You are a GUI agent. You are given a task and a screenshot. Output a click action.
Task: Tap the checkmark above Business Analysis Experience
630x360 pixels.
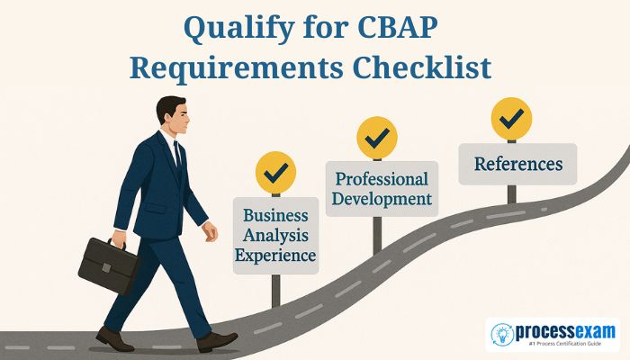275,172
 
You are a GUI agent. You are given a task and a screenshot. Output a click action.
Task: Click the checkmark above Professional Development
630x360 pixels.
376,138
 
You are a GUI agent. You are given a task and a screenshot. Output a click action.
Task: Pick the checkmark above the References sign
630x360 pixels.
511,118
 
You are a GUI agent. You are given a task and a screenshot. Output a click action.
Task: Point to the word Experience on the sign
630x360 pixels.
275,255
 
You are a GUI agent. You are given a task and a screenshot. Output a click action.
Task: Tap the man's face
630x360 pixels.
177,119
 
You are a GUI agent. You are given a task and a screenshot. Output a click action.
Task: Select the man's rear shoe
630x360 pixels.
114,338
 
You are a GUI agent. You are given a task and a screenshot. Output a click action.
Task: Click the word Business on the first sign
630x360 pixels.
275,217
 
